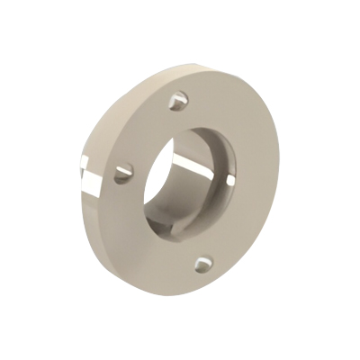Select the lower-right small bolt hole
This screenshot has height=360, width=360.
(205, 264)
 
